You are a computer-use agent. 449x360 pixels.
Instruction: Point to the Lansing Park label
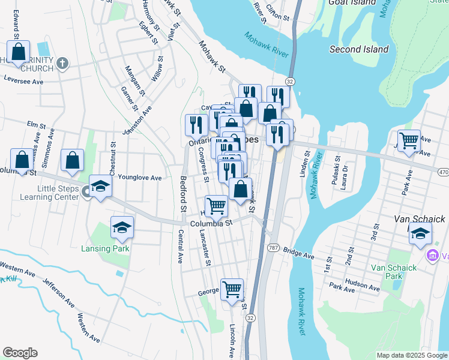pyautogui.click(x=106, y=247)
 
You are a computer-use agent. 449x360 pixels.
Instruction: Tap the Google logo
pyautogui.click(x=20, y=353)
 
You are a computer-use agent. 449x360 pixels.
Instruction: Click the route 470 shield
pyautogui.click(x=443, y=173)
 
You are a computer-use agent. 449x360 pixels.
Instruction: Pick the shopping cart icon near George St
pyautogui.click(x=232, y=290)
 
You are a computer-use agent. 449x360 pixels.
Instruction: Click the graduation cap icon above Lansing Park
pyautogui.click(x=122, y=227)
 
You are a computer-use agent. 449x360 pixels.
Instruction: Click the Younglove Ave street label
pyautogui.click(x=140, y=178)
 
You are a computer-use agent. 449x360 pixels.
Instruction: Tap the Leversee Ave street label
pyautogui.click(x=23, y=80)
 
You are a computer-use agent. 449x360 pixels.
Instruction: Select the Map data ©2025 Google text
pyautogui.click(x=411, y=355)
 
